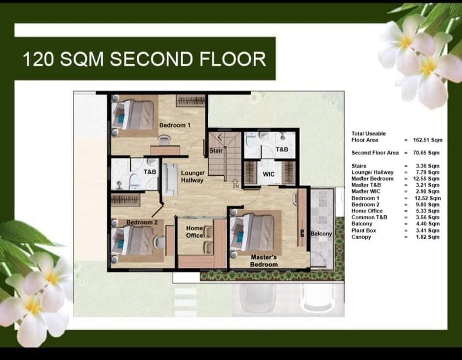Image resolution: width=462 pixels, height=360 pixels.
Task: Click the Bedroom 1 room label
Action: [175, 125]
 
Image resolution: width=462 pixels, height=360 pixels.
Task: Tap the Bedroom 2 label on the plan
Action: [142, 222]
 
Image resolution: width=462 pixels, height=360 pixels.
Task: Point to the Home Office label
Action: [195, 232]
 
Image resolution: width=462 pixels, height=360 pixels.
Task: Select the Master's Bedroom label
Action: [264, 261]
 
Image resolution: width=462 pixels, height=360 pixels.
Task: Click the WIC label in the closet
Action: [268, 174]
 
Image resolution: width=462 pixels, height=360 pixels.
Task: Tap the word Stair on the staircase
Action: [216, 151]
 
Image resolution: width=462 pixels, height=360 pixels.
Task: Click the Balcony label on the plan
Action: [321, 234]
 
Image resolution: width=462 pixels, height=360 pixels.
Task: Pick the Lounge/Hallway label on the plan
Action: [193, 177]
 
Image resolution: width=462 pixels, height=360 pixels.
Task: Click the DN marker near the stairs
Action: [236, 186]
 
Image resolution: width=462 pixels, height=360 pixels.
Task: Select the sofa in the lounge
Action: [170, 179]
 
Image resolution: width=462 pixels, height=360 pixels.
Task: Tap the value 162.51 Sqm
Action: [427, 140]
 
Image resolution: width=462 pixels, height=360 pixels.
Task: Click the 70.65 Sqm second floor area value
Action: [426, 153]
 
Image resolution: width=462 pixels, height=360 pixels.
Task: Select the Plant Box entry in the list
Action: [364, 230]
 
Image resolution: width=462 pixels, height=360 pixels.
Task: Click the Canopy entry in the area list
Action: [361, 237]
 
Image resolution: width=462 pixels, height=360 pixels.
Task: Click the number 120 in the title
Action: [38, 59]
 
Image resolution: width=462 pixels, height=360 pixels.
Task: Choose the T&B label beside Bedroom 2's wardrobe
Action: [150, 172]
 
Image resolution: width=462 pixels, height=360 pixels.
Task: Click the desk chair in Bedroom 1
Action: [164, 139]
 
